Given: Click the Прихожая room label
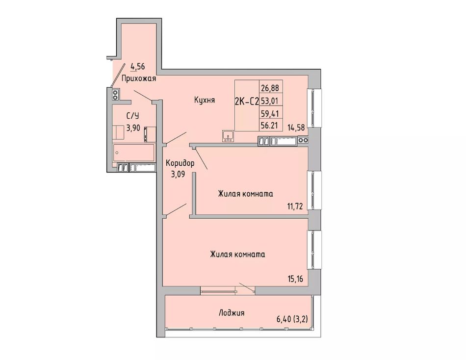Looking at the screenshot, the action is (x=139, y=79).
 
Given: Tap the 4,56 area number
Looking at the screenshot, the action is (x=138, y=66).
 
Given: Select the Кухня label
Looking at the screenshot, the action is (x=204, y=100).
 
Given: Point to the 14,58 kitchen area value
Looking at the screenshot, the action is (x=296, y=128).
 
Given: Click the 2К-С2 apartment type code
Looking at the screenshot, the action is (x=247, y=102).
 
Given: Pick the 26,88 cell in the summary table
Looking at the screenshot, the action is (x=270, y=88).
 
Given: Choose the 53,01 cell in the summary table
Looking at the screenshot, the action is (x=270, y=101).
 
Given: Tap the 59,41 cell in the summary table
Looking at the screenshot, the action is (x=270, y=114).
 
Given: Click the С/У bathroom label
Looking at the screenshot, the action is (x=133, y=115).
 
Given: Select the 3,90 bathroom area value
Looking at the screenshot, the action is (x=133, y=128).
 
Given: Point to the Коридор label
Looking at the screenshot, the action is (x=180, y=163).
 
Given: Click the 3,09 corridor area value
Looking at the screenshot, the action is (x=178, y=174).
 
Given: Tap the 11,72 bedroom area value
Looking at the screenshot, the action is (x=295, y=206).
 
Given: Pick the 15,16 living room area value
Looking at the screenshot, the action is (x=295, y=280).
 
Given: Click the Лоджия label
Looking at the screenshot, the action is (x=232, y=313).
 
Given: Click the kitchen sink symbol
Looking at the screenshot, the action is (x=228, y=136).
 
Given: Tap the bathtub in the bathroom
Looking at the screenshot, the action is (x=134, y=153).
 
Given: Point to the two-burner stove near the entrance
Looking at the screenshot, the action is (x=115, y=94).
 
